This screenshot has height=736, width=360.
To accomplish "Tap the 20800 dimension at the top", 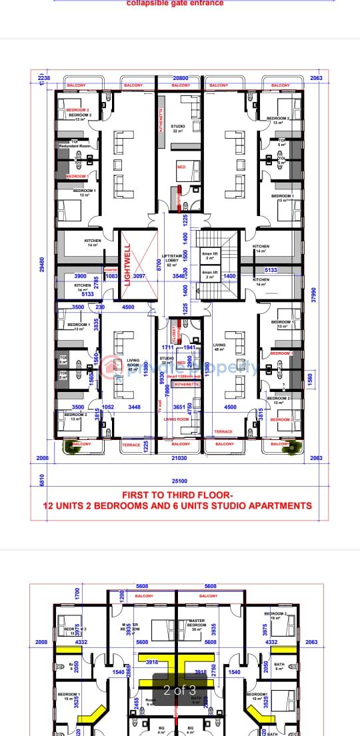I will pyautogui.click(x=181, y=78).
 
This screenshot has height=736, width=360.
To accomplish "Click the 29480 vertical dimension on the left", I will pyautogui.click(x=42, y=265).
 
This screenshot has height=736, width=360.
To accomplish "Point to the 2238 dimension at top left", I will pyautogui.click(x=45, y=78).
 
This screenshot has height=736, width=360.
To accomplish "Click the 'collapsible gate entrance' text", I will pyautogui.click(x=175, y=3).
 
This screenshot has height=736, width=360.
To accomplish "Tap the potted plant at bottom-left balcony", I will pyautogui.click(x=67, y=447).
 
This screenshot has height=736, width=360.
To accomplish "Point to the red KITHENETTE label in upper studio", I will pyautogui.click(x=161, y=121).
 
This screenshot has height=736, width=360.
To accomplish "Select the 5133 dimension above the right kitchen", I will pyautogui.click(x=271, y=269).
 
